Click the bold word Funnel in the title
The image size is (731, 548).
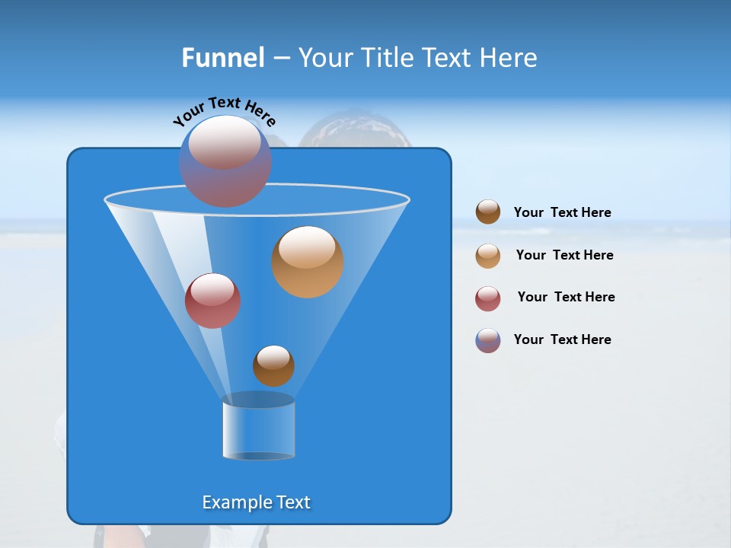[223, 58]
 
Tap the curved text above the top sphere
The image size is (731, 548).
[224, 112]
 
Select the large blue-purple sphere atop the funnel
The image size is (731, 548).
[225, 161]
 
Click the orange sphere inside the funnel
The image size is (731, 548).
[308, 263]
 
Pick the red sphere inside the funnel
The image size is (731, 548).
[212, 301]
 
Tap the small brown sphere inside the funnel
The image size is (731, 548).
[273, 366]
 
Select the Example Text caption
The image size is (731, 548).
[257, 502]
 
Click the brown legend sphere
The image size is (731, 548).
[488, 212]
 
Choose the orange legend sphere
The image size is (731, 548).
[488, 256]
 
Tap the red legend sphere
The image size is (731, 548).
[488, 298]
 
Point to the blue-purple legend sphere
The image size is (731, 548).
[488, 340]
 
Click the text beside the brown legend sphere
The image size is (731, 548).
[562, 213]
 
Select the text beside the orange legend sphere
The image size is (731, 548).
[564, 255]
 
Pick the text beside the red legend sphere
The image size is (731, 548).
[566, 297]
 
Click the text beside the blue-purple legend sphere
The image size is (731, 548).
[562, 339]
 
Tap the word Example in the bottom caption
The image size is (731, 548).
[235, 502]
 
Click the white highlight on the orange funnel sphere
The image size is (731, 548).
[307, 248]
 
